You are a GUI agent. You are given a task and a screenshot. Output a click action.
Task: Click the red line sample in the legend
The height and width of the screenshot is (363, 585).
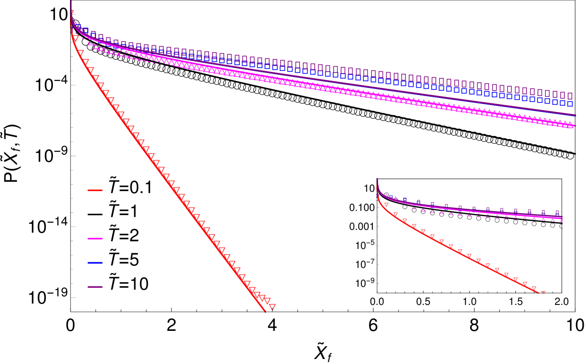95,190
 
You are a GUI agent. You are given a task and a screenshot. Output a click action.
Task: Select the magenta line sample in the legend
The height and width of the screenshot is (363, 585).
95,238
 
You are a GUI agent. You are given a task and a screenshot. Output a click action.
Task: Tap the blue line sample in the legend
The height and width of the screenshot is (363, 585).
95,263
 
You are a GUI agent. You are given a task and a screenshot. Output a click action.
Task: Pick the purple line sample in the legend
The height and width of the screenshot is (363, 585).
95,287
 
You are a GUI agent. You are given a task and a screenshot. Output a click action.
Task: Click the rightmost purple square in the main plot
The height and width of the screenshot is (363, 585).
570,95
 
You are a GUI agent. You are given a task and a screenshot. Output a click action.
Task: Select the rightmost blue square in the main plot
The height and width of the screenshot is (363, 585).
570,104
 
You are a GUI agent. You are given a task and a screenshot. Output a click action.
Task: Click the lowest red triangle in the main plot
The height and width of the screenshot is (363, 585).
272,306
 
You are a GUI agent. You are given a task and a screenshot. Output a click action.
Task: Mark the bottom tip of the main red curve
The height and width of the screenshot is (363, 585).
265,312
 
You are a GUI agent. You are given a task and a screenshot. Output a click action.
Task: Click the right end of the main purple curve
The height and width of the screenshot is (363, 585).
575,115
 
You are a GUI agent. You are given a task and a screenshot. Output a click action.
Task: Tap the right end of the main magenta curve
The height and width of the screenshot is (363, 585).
575,126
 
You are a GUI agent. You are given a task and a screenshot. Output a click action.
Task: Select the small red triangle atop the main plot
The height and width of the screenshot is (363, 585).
72,12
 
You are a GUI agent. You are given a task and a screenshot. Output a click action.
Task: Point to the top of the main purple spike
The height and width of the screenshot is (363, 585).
71,1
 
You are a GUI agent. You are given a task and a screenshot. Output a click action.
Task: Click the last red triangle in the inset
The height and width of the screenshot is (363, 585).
543,293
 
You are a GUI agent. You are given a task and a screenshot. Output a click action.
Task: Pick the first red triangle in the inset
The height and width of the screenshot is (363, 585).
386,205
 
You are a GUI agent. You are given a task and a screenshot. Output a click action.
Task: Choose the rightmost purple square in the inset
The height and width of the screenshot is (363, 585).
557,212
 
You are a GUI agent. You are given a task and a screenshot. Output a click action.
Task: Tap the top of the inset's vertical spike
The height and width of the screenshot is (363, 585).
377,179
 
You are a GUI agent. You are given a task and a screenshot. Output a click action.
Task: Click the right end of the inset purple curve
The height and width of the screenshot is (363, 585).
561,216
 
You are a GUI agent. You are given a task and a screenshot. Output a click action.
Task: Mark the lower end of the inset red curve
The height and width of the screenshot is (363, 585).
538,292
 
